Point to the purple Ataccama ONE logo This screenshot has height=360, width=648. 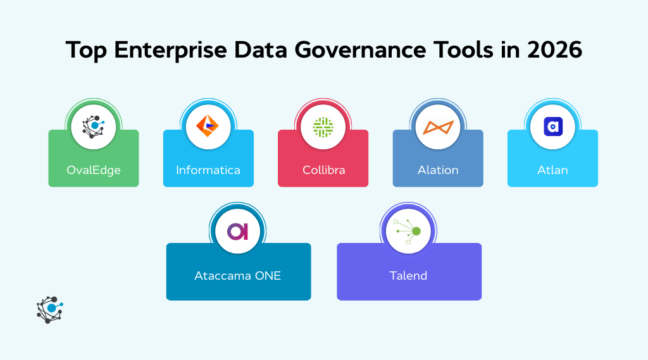coord(238,232)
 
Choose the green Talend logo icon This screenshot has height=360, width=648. coord(409,232)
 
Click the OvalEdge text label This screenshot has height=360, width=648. coord(94,170)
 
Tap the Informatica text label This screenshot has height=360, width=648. coord(208,170)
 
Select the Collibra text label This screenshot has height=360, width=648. coord(323,170)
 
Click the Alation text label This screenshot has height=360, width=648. coord(438,170)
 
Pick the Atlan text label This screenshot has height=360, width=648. coord(552,170)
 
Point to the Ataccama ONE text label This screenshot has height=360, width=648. coord(238,276)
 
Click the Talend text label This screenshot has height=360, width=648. coord(409,276)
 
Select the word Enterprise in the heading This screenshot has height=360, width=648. coord(166,50)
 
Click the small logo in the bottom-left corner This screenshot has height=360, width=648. coord(49,309)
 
